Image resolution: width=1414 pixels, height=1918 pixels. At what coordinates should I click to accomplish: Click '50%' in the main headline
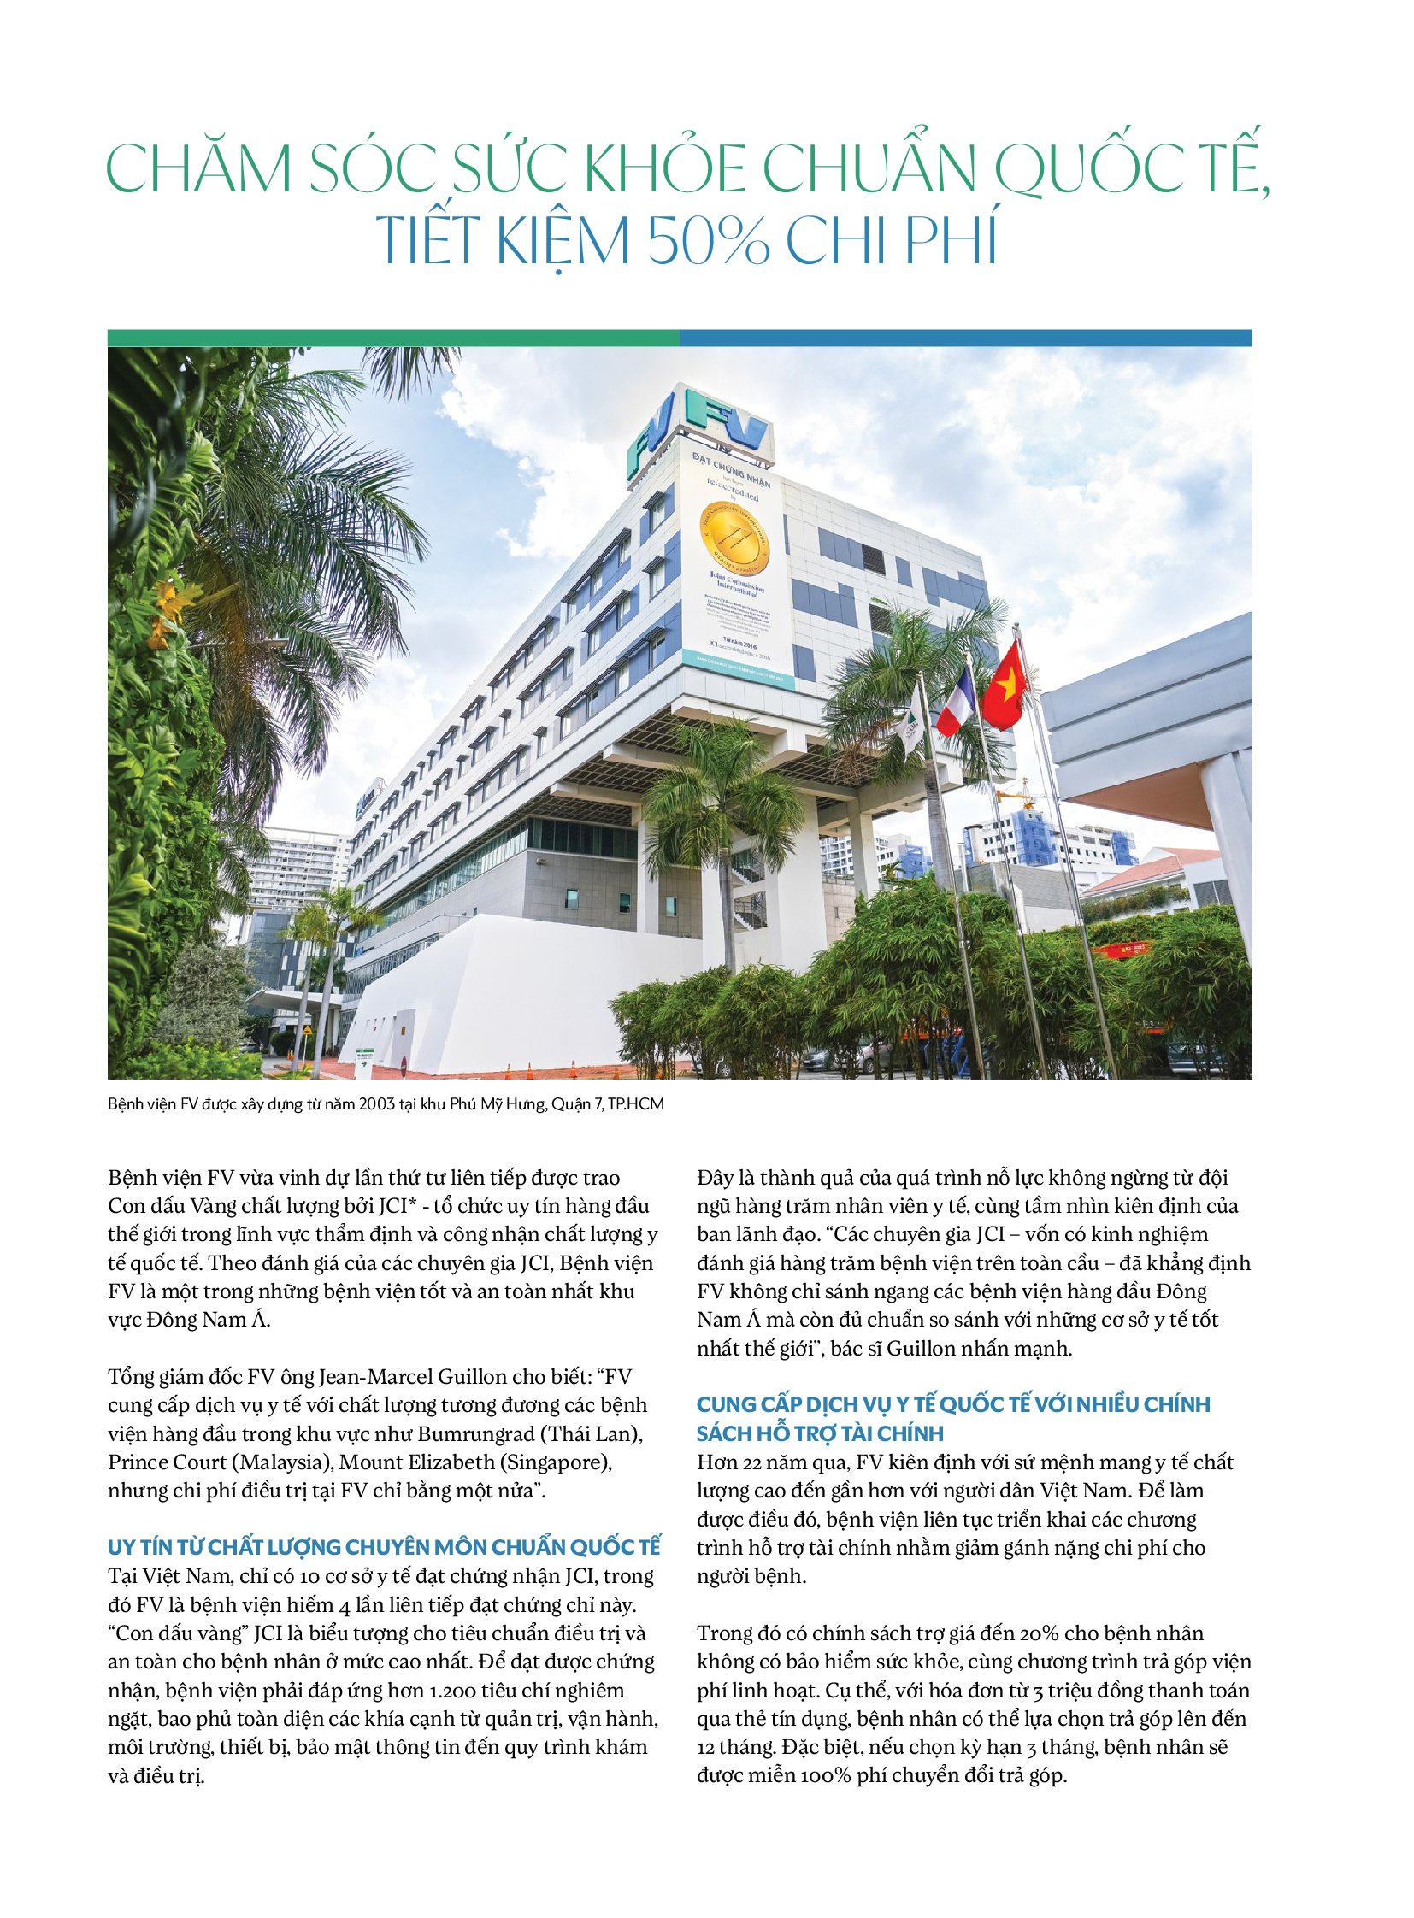pos(708,241)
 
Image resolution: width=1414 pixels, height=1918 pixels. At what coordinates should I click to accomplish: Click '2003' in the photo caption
pos(377,1104)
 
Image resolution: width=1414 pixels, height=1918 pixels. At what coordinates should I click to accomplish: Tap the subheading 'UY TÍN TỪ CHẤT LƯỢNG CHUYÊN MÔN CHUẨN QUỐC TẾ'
pos(385,1546)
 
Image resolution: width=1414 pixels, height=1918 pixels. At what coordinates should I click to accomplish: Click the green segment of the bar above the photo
pos(394,338)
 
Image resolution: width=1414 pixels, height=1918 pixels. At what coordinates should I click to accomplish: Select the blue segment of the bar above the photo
pos(965,338)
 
